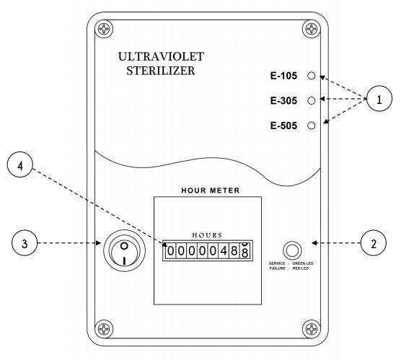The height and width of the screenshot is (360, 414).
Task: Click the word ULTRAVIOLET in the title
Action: [x=161, y=56]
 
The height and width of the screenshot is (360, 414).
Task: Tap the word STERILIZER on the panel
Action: [x=161, y=71]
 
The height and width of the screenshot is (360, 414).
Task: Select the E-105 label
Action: [x=283, y=76]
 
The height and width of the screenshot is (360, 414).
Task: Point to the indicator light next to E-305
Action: [x=312, y=100]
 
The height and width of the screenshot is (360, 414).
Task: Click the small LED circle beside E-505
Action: [x=312, y=126]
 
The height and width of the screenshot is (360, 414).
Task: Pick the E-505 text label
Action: [x=283, y=126]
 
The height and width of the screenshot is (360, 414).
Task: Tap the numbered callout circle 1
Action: [x=379, y=99]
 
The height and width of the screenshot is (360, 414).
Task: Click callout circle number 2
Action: [x=374, y=243]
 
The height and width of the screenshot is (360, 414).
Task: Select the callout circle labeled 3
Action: [x=25, y=243]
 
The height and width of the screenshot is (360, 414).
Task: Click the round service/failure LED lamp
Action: [x=292, y=250]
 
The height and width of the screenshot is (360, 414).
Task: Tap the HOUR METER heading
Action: [x=211, y=190]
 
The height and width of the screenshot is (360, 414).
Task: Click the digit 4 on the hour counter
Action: [x=224, y=250]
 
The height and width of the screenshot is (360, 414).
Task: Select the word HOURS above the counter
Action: [x=207, y=235]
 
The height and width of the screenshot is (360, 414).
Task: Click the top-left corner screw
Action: [x=104, y=28]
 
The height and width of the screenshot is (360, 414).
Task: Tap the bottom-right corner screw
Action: [x=312, y=329]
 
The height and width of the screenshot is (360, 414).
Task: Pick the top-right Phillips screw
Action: [x=312, y=28]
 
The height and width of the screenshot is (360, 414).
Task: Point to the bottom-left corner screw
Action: [x=104, y=329]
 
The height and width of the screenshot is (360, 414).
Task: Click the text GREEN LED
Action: [x=303, y=263]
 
